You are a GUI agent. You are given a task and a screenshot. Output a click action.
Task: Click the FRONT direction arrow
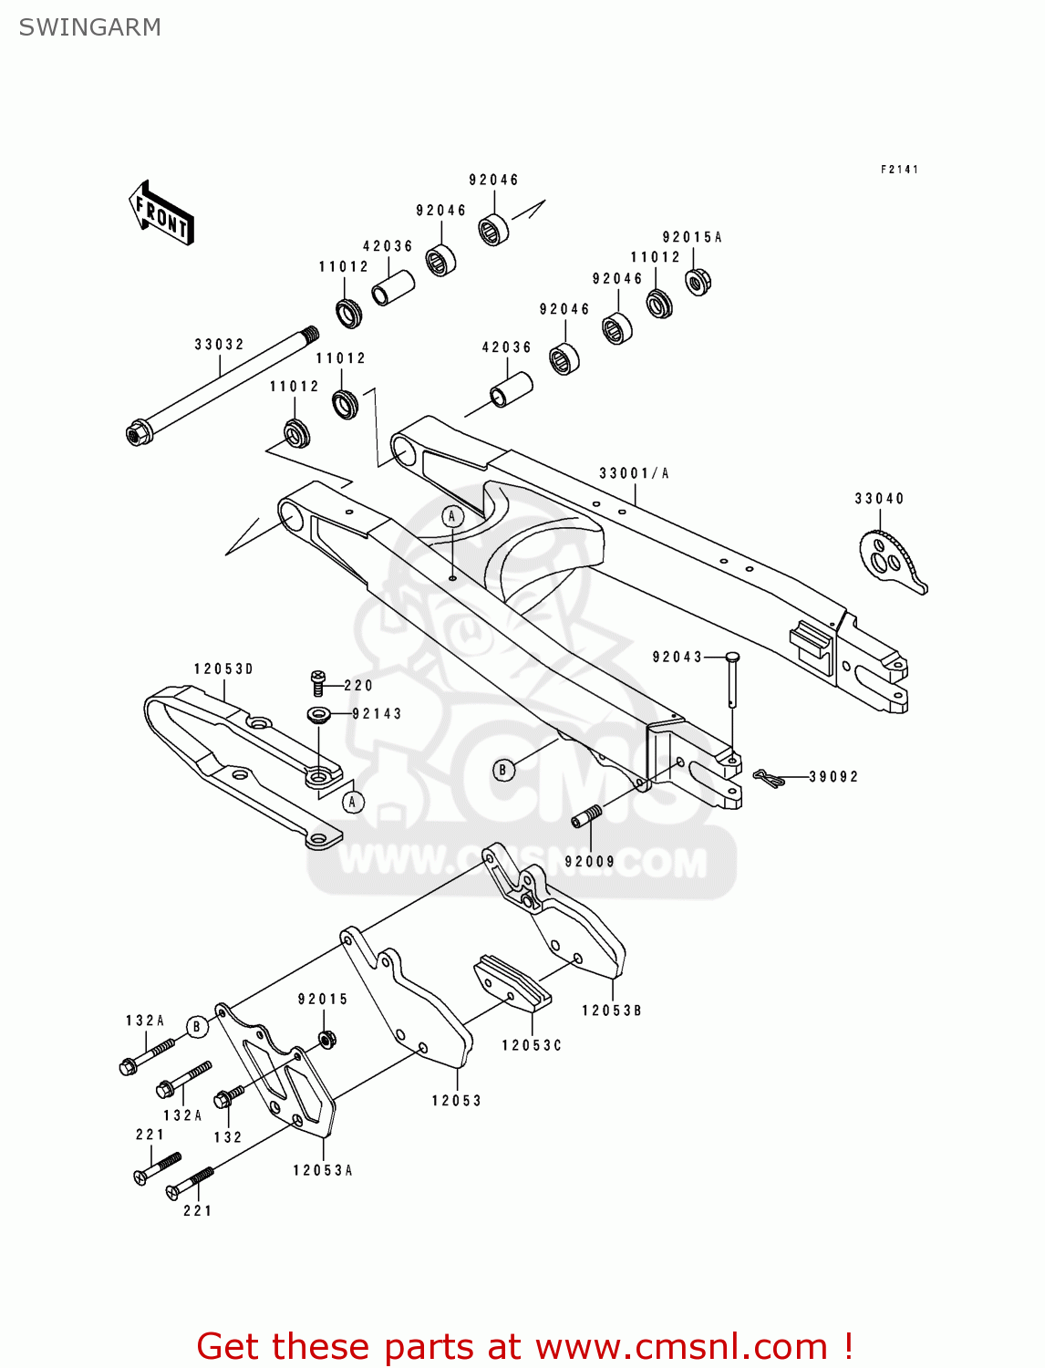coord(161,213)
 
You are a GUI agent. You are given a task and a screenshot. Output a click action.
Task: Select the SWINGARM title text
coord(89,27)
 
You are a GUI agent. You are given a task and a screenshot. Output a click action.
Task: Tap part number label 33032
coord(219,345)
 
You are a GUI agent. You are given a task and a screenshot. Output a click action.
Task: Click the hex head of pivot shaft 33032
coord(138,432)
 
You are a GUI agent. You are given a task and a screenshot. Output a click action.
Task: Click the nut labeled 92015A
coord(698,282)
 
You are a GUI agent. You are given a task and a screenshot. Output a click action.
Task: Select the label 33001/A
coord(634,473)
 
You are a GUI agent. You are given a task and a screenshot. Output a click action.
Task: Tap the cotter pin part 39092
coord(769,778)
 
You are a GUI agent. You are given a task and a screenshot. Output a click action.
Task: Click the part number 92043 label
coord(677,657)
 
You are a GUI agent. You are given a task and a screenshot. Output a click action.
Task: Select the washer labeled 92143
coord(319,713)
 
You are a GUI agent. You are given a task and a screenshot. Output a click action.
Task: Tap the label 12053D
coord(223,669)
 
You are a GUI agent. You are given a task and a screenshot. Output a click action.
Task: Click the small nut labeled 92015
coord(326,1039)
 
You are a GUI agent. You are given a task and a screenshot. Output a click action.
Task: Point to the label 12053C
coord(531,1045)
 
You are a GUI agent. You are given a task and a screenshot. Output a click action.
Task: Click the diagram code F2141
coord(899,170)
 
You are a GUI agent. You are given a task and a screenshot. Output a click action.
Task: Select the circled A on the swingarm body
coord(453,517)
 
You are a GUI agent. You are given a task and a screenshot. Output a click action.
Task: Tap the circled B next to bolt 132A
coord(197,1027)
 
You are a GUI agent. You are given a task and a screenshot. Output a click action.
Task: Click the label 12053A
coord(322,1170)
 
